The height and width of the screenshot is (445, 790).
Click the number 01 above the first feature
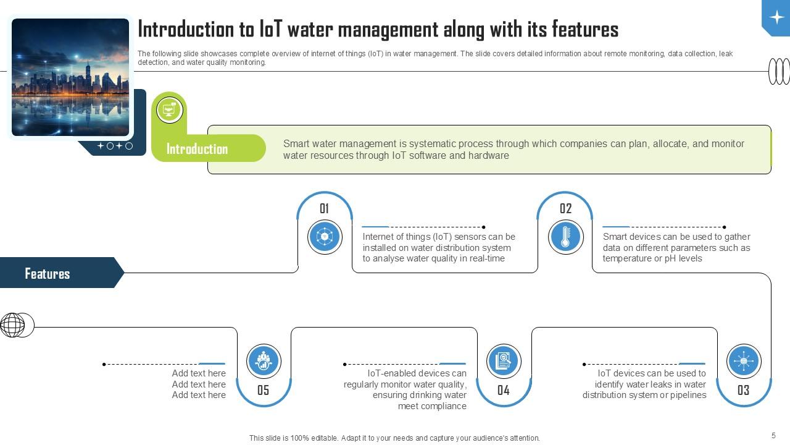(x=324, y=209)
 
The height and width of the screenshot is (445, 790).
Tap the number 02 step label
(x=565, y=209)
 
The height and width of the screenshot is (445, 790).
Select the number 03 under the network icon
(x=743, y=390)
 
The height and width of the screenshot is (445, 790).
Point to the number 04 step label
(x=504, y=390)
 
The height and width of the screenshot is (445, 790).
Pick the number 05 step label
(x=264, y=390)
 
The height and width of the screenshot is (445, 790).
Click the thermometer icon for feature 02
(x=565, y=237)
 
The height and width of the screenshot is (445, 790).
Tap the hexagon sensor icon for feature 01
(x=325, y=237)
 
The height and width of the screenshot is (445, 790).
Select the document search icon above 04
(x=504, y=361)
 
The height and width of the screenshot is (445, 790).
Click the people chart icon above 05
(x=264, y=361)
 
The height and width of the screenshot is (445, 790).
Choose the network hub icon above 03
(x=743, y=361)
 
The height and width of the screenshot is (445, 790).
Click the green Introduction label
(x=197, y=149)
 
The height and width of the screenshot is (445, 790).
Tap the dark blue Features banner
(x=48, y=273)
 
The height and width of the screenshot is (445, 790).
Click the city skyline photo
(x=70, y=77)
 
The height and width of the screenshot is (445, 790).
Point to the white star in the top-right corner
(x=776, y=17)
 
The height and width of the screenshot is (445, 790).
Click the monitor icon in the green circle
(x=169, y=110)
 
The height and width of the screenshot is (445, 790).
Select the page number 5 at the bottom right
(x=773, y=436)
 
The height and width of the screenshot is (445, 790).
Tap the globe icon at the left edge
(x=13, y=324)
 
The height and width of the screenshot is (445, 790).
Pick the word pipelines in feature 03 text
(x=684, y=395)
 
